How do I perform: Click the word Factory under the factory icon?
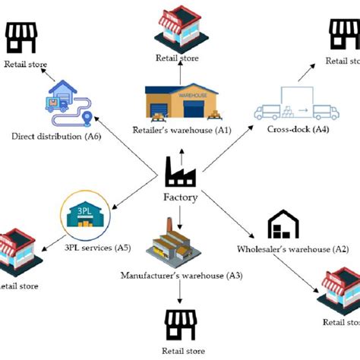(x=180, y=197)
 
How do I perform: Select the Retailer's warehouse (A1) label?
(x=181, y=129)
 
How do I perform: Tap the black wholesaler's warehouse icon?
(x=283, y=225)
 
